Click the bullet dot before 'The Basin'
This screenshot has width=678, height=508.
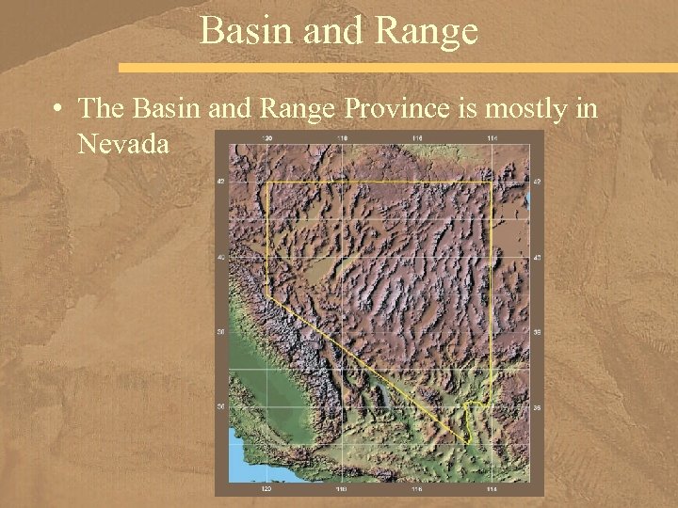coord(59,110)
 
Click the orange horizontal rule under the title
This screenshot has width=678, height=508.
coord(395,68)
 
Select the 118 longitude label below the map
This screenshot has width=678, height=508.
coord(342,489)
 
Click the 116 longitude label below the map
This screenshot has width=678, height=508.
coord(416,489)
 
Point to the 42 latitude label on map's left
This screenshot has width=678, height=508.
coord(222,182)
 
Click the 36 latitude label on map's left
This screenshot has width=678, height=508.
coord(222,406)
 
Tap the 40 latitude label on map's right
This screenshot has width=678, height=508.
coord(537,257)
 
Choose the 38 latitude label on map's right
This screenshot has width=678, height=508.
coord(537,332)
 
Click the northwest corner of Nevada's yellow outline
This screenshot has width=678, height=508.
coord(267,183)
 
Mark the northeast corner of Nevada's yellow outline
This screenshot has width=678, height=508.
coord(492,182)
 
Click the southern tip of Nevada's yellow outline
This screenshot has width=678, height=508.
coord(470,442)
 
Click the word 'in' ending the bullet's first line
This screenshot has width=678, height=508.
coord(585,109)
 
